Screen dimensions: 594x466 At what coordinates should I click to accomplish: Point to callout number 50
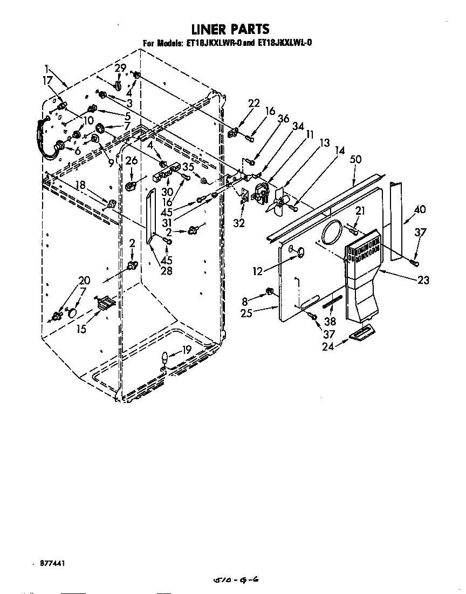[x=355, y=160]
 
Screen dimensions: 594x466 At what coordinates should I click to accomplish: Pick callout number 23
[x=423, y=279]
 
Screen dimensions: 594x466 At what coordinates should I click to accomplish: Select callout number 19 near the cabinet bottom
[x=186, y=350]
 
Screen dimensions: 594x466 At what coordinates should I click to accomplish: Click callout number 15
[x=81, y=329]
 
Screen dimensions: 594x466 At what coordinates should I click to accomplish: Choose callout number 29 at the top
[x=120, y=68]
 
